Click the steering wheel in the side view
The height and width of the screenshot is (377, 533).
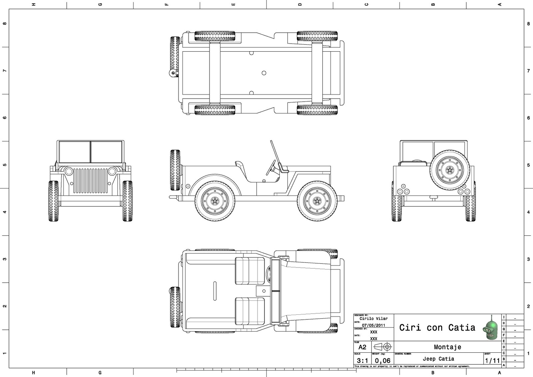[x=271, y=168]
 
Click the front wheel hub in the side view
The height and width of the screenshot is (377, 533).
[x=317, y=201]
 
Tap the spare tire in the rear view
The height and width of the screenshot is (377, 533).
[x=450, y=170]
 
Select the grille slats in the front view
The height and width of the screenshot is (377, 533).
[x=90, y=181]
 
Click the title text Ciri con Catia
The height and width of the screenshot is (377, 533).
[x=437, y=328]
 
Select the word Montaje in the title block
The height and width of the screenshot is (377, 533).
[x=447, y=347]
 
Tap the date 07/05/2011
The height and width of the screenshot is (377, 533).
[x=373, y=325]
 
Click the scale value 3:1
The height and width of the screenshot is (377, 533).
[x=362, y=361]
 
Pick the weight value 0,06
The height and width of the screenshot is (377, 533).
[x=382, y=361]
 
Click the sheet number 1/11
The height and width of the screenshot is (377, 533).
[x=492, y=361]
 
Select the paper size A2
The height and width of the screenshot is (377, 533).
[x=362, y=347]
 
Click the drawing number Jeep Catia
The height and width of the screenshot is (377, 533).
[x=438, y=359]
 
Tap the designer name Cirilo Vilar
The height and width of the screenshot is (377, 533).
[x=373, y=319]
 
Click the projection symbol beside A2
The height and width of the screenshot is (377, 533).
[x=383, y=347]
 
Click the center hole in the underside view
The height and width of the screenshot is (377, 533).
[x=264, y=73]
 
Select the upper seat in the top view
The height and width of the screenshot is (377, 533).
[x=250, y=271]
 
